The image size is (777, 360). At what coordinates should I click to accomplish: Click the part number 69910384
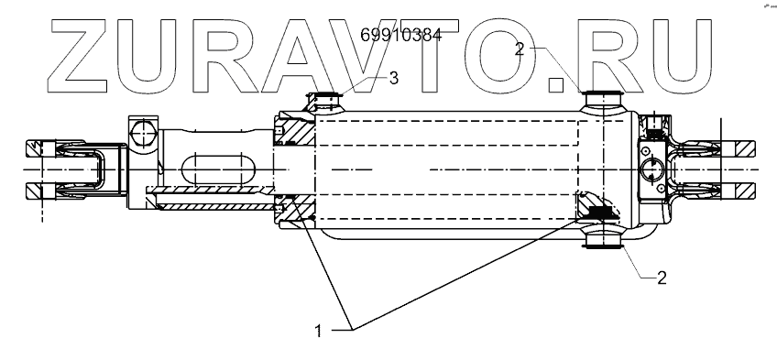pyautogui.click(x=401, y=35)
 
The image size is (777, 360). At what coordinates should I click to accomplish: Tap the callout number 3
pyautogui.click(x=393, y=78)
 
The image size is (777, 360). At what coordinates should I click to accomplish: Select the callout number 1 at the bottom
pyautogui.click(x=318, y=331)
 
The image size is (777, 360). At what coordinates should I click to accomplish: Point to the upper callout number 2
pyautogui.click(x=520, y=49)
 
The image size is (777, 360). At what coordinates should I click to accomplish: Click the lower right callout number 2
pyautogui.click(x=662, y=278)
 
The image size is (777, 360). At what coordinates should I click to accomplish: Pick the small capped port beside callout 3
pyautogui.click(x=324, y=102)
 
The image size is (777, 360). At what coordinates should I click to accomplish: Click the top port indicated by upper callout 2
pyautogui.click(x=603, y=101)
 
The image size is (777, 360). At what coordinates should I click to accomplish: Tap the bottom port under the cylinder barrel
pyautogui.click(x=603, y=238)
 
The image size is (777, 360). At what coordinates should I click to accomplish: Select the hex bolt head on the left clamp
pyautogui.click(x=143, y=132)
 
